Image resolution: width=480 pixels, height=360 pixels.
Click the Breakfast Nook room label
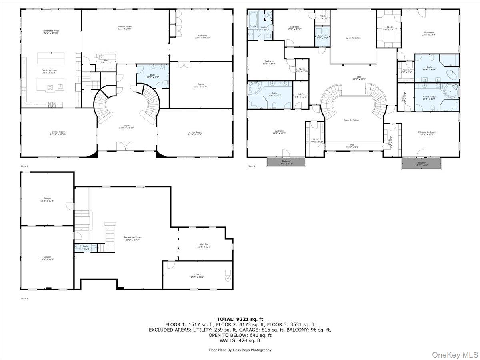tap(51, 32)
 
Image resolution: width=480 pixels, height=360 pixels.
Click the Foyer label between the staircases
tap(126, 127)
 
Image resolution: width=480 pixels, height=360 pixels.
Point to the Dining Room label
tap(58, 133)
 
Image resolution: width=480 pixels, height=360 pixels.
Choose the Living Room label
tap(195, 133)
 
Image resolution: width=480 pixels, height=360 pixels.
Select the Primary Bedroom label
tap(427, 133)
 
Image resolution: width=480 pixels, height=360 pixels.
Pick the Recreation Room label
tap(132, 238)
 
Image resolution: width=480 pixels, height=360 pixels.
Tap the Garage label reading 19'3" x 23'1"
tap(47, 258)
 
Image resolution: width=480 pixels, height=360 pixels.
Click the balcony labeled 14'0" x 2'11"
tap(286, 163)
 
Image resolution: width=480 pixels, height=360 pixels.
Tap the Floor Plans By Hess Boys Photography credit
tap(240, 350)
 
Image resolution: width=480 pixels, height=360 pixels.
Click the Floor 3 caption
tap(251, 166)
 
